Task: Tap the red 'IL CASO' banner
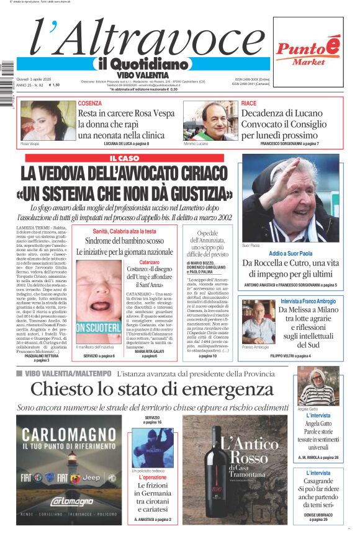click(x=124, y=158)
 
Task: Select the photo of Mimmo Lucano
click(x=210, y=120)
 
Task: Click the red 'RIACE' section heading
click(x=249, y=103)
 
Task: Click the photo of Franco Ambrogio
click(x=255, y=322)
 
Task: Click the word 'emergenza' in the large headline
click(x=243, y=389)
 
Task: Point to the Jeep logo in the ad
click(x=94, y=478)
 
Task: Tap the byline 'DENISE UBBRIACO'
click(x=317, y=515)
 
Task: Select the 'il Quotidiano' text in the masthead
click(x=143, y=64)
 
